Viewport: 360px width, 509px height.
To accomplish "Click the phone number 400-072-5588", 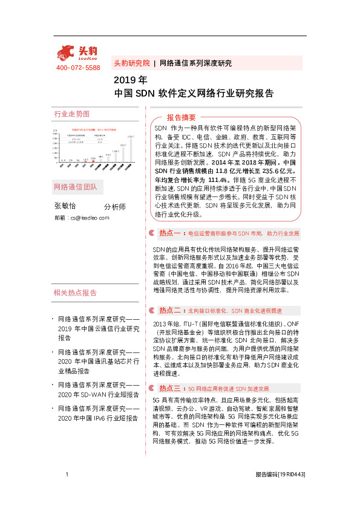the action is (x=77, y=68).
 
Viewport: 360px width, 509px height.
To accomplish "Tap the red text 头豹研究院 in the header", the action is (x=131, y=63).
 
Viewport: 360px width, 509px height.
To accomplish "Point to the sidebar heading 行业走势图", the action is (x=71, y=114).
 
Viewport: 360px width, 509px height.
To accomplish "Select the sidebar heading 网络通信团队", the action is (x=75, y=186).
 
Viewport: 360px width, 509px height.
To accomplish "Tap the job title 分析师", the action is (x=115, y=207).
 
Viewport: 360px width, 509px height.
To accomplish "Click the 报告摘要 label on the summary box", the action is (x=182, y=117).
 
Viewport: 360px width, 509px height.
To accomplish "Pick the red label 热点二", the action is (x=170, y=310).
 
